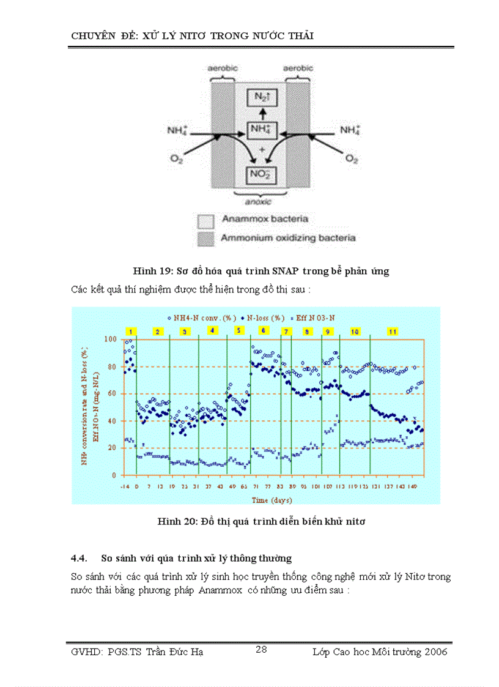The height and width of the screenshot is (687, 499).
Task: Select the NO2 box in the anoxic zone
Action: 261,176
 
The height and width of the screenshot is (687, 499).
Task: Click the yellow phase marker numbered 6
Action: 264,330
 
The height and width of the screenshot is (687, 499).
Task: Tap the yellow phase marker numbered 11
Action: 393,332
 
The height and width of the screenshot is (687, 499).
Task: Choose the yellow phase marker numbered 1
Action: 130,332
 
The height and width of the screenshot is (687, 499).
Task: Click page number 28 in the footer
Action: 261,649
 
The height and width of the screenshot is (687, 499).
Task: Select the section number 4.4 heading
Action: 79,558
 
